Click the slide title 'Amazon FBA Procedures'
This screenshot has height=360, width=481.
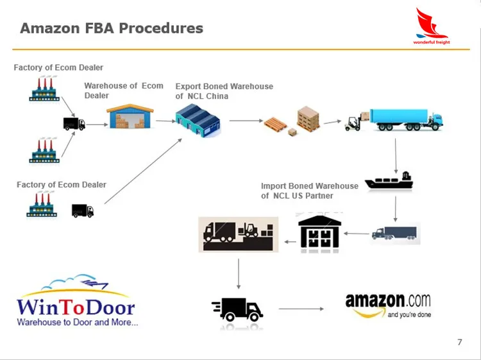click(112, 28)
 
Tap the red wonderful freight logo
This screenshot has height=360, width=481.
click(432, 26)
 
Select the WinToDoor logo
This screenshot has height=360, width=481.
click(77, 301)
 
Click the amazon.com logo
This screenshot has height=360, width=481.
click(388, 305)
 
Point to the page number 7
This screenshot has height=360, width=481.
click(460, 342)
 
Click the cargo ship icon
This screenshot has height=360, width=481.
click(389, 180)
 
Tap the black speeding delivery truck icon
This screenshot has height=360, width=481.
click(237, 310)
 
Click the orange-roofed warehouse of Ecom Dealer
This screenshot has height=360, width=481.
click(130, 117)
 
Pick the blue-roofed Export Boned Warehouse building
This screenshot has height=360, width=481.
click(198, 120)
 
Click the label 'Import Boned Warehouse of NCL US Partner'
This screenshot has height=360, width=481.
click(310, 191)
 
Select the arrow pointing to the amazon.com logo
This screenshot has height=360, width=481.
click(301, 309)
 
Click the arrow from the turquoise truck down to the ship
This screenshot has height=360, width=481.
click(396, 156)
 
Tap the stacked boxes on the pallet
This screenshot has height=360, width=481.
click(308, 119)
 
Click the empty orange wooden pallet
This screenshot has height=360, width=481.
click(275, 124)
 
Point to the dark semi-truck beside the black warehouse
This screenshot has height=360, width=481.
click(394, 233)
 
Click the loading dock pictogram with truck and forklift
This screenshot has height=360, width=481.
click(239, 234)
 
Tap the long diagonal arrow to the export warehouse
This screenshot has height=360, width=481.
click(143, 171)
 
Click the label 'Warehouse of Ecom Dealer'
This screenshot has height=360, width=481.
click(124, 90)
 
